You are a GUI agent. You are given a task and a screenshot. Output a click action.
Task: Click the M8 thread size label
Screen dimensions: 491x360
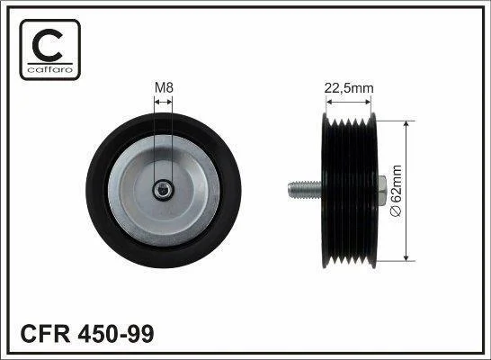(164, 87)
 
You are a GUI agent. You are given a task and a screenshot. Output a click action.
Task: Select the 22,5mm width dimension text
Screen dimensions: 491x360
(349, 88)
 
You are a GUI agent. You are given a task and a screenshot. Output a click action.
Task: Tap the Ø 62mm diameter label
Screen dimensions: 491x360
(396, 191)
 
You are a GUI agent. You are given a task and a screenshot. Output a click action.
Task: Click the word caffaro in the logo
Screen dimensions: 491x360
(50, 69)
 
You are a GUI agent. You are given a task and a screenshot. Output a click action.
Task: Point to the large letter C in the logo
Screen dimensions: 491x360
(48, 45)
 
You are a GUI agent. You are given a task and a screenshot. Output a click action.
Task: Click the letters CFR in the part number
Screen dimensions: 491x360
(45, 333)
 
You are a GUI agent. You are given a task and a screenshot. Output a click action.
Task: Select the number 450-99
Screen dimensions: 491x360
(116, 333)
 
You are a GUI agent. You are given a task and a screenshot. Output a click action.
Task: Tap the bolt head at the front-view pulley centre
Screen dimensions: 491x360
(163, 189)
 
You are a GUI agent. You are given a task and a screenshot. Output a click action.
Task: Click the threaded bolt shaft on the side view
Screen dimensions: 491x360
(305, 190)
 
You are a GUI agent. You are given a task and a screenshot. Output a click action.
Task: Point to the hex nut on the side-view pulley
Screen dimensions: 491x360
(382, 191)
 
